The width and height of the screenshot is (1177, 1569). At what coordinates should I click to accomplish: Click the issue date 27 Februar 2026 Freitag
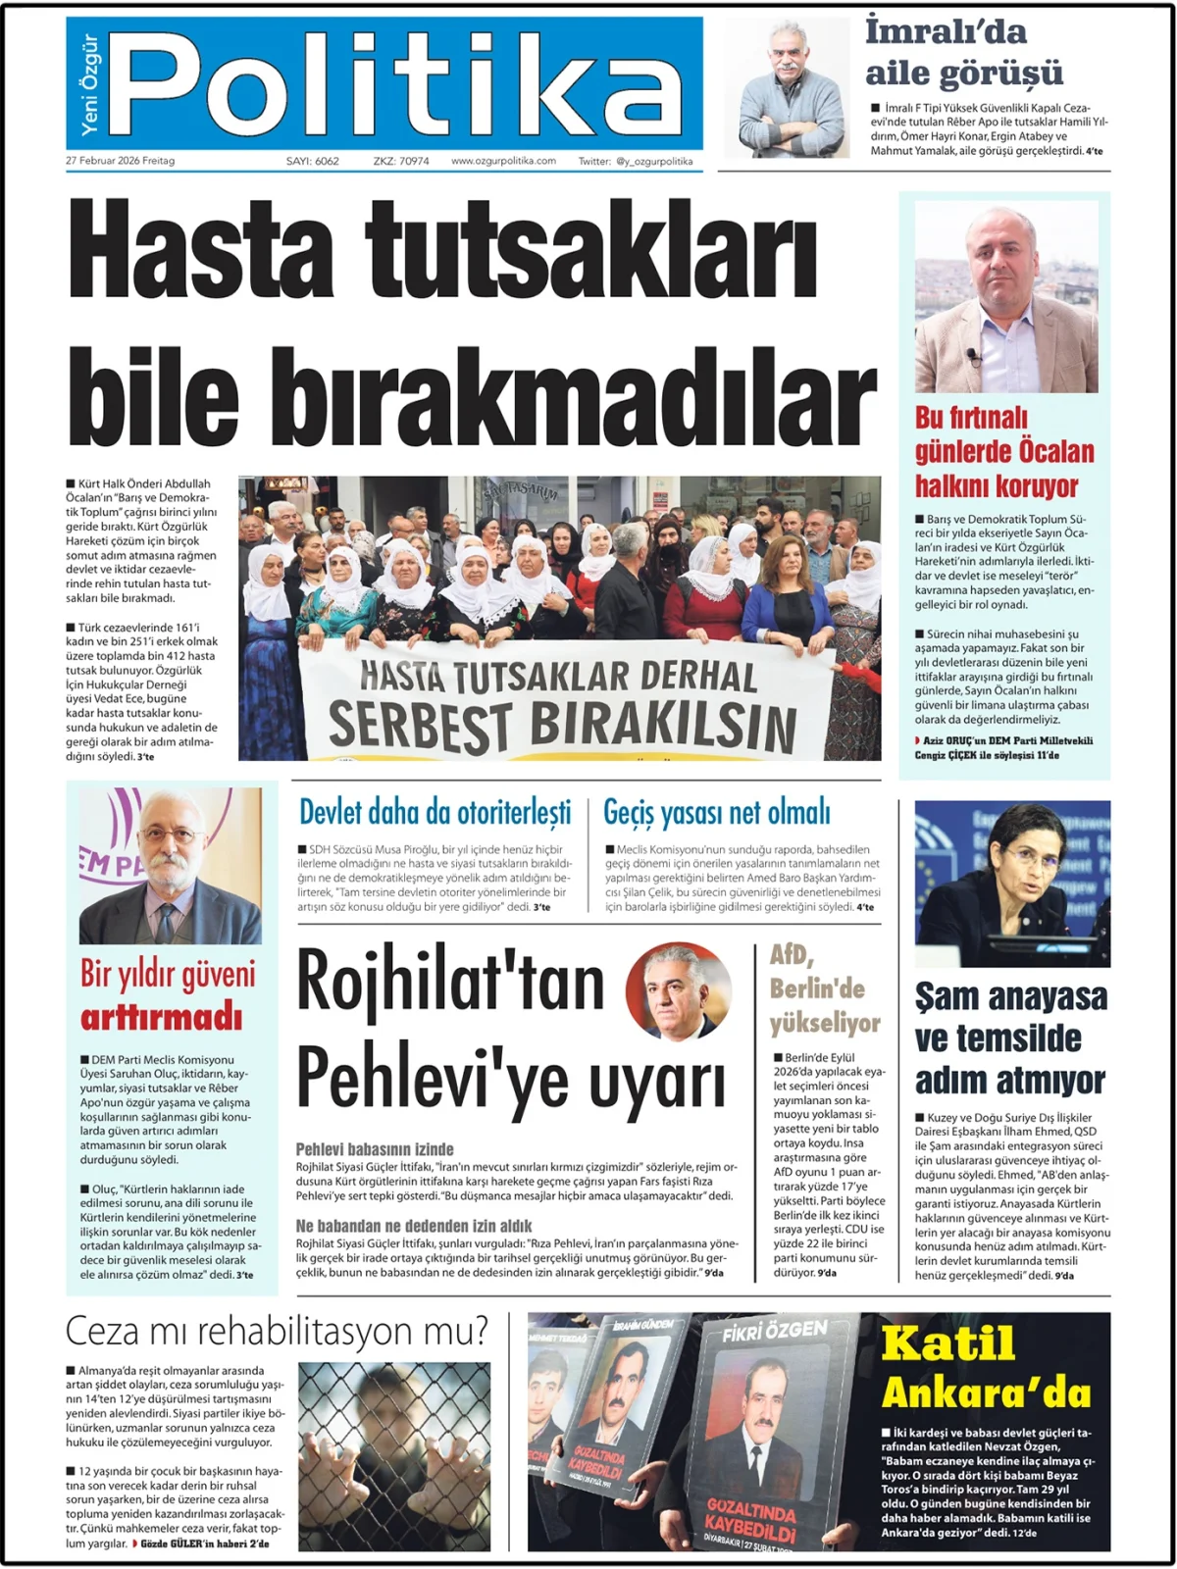(120, 161)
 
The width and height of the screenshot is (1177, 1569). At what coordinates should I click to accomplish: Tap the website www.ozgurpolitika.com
(503, 161)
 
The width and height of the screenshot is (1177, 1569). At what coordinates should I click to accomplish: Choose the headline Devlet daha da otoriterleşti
(435, 812)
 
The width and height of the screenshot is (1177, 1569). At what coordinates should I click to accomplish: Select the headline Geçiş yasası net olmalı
(716, 812)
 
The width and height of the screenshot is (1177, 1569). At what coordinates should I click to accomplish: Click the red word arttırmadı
(161, 1017)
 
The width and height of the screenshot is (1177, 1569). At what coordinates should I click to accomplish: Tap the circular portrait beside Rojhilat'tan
(679, 991)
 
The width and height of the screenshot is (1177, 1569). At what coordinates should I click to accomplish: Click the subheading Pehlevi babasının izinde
(375, 1148)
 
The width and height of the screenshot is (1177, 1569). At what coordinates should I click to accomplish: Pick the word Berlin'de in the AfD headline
(816, 987)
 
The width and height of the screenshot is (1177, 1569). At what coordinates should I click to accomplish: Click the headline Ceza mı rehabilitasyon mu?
(277, 1332)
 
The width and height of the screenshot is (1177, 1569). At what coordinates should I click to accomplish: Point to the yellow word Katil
(947, 1342)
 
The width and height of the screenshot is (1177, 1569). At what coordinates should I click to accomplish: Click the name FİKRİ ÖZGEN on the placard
(775, 1331)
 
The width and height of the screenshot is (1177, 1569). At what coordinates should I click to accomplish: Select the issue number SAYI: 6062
(312, 161)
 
